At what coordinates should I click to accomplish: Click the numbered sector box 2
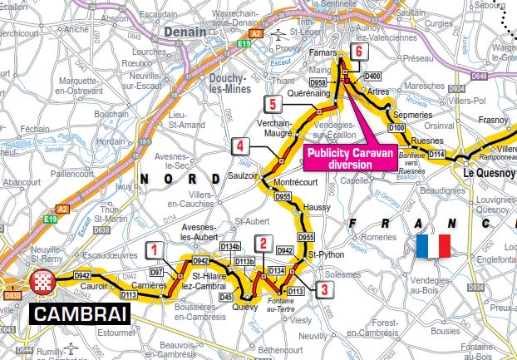263,244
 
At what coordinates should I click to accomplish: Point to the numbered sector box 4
239,147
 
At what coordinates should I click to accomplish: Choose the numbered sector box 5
272,104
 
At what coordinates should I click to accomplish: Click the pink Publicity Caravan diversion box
349,158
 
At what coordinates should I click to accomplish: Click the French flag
432,246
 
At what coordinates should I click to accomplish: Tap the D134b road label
230,247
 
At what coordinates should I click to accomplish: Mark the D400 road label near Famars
372,76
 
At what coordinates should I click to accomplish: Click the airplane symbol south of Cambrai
70,345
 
